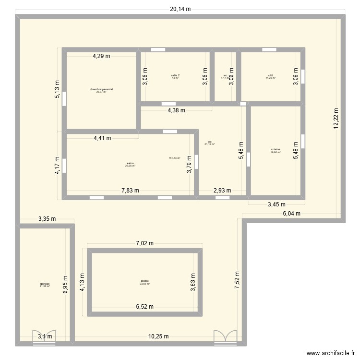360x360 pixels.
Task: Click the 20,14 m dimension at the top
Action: tap(180, 9)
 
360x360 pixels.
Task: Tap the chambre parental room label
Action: tap(101, 90)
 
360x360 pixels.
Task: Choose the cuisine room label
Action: tap(276, 150)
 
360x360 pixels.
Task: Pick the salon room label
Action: tap(130, 164)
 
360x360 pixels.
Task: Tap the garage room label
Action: tap(45, 285)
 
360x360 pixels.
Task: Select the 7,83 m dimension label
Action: tap(130, 190)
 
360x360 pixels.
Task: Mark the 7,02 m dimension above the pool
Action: tap(144, 243)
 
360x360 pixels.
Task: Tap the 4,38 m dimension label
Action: tap(176, 110)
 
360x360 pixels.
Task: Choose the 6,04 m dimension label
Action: tap(291, 214)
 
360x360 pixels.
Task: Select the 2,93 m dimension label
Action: tap(222, 190)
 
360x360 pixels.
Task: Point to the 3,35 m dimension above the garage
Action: tap(47, 219)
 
